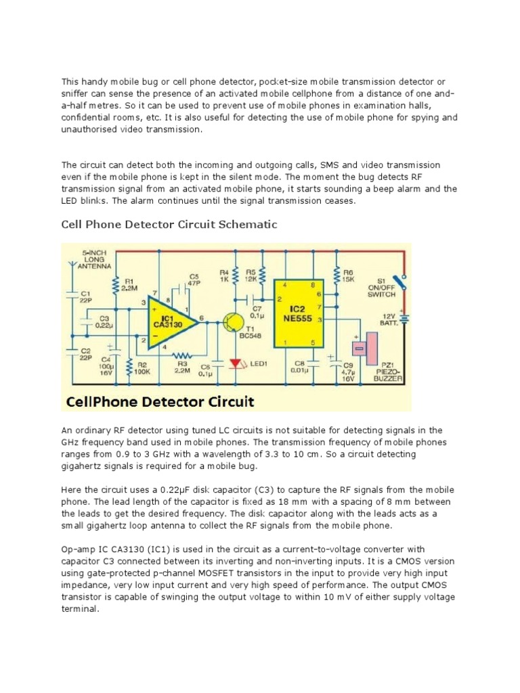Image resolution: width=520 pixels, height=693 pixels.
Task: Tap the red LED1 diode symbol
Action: point(236,364)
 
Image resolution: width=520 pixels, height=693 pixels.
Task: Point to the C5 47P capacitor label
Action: point(194,280)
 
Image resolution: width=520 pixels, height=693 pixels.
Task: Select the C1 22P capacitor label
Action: point(86,298)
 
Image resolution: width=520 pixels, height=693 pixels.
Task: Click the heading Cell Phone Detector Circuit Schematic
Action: point(169,224)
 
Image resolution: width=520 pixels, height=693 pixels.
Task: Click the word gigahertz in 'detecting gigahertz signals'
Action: point(89,467)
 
